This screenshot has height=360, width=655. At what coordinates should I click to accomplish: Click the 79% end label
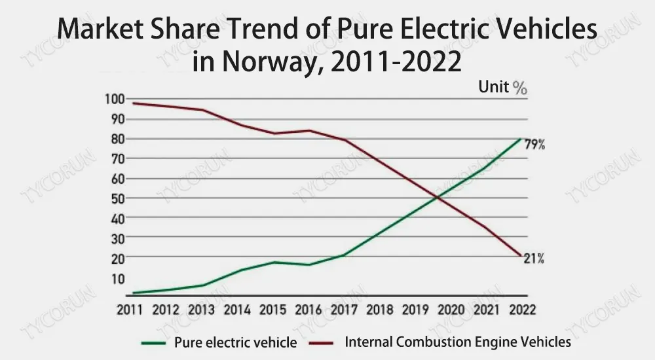pyautogui.click(x=534, y=145)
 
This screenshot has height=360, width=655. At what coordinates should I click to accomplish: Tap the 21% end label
pyautogui.click(x=534, y=259)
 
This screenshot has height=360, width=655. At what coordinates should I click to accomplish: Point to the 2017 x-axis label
pyautogui.click(x=344, y=310)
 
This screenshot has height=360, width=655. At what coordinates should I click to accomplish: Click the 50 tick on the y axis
pyautogui.click(x=116, y=198)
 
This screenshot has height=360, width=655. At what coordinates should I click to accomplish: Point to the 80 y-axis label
pyautogui.click(x=116, y=139)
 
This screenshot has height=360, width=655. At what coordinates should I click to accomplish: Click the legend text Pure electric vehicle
pyautogui.click(x=235, y=342)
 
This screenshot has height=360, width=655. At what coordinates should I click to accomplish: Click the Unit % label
pyautogui.click(x=502, y=87)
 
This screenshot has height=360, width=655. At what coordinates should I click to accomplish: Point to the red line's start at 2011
pyautogui.click(x=132, y=103)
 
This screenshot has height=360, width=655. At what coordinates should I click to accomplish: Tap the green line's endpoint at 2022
pyautogui.click(x=521, y=139)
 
